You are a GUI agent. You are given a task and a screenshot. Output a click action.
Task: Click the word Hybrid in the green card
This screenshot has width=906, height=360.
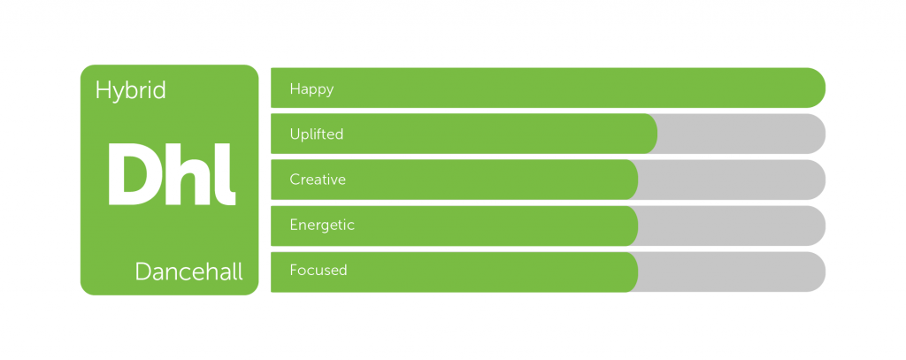(131, 91)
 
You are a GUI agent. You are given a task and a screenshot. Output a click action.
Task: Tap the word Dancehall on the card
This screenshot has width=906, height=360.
(189, 271)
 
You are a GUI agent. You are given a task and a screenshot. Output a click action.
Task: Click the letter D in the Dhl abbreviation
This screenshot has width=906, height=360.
(133, 174)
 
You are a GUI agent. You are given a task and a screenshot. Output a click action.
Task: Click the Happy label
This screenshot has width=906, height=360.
(312, 89)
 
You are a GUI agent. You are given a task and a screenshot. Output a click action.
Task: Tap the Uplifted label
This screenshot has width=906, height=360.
(317, 134)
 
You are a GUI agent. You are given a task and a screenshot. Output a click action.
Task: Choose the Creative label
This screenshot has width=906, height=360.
(318, 180)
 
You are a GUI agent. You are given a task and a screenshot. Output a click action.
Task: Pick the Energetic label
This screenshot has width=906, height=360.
(322, 225)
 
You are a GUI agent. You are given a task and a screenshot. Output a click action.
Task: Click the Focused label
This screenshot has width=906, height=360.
(319, 270)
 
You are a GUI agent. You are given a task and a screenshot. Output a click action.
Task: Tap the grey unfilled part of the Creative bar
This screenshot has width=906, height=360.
(732, 180)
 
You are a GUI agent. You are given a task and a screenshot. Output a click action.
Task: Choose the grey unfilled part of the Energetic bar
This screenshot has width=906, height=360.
(732, 226)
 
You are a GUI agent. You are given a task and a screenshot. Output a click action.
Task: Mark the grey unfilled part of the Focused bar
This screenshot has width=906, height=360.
(732, 272)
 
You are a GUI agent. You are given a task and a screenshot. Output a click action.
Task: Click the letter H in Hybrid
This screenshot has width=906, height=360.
(103, 90)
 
